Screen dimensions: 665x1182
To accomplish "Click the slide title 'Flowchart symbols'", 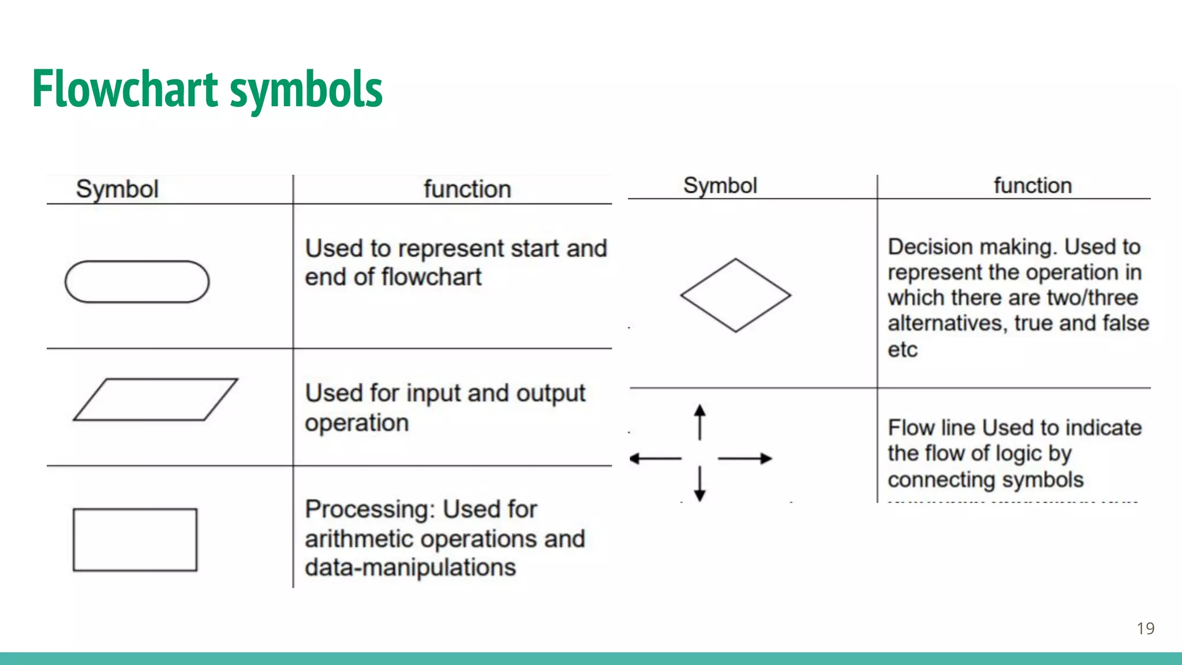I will click(207, 89).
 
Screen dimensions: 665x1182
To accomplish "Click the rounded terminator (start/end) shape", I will click(137, 282).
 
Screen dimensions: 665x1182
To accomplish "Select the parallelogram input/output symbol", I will click(155, 399).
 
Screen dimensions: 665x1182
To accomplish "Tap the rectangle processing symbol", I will click(135, 540).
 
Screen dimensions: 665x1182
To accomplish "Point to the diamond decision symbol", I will click(735, 295).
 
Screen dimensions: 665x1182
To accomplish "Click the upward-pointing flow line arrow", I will click(700, 422).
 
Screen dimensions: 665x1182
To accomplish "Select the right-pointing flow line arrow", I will click(745, 459).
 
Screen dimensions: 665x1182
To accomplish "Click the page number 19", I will click(1145, 629).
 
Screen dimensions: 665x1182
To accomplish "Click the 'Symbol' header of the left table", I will click(117, 189).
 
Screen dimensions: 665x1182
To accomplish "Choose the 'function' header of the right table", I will click(1033, 186).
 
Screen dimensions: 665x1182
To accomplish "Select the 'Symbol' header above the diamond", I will click(720, 186).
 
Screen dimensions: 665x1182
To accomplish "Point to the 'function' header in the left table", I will click(467, 189).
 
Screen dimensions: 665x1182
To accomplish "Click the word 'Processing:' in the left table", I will click(369, 510).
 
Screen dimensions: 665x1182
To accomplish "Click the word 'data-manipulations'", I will click(410, 567).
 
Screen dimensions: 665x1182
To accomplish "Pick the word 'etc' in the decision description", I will click(902, 350).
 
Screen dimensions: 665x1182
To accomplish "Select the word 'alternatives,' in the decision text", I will click(947, 323).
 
